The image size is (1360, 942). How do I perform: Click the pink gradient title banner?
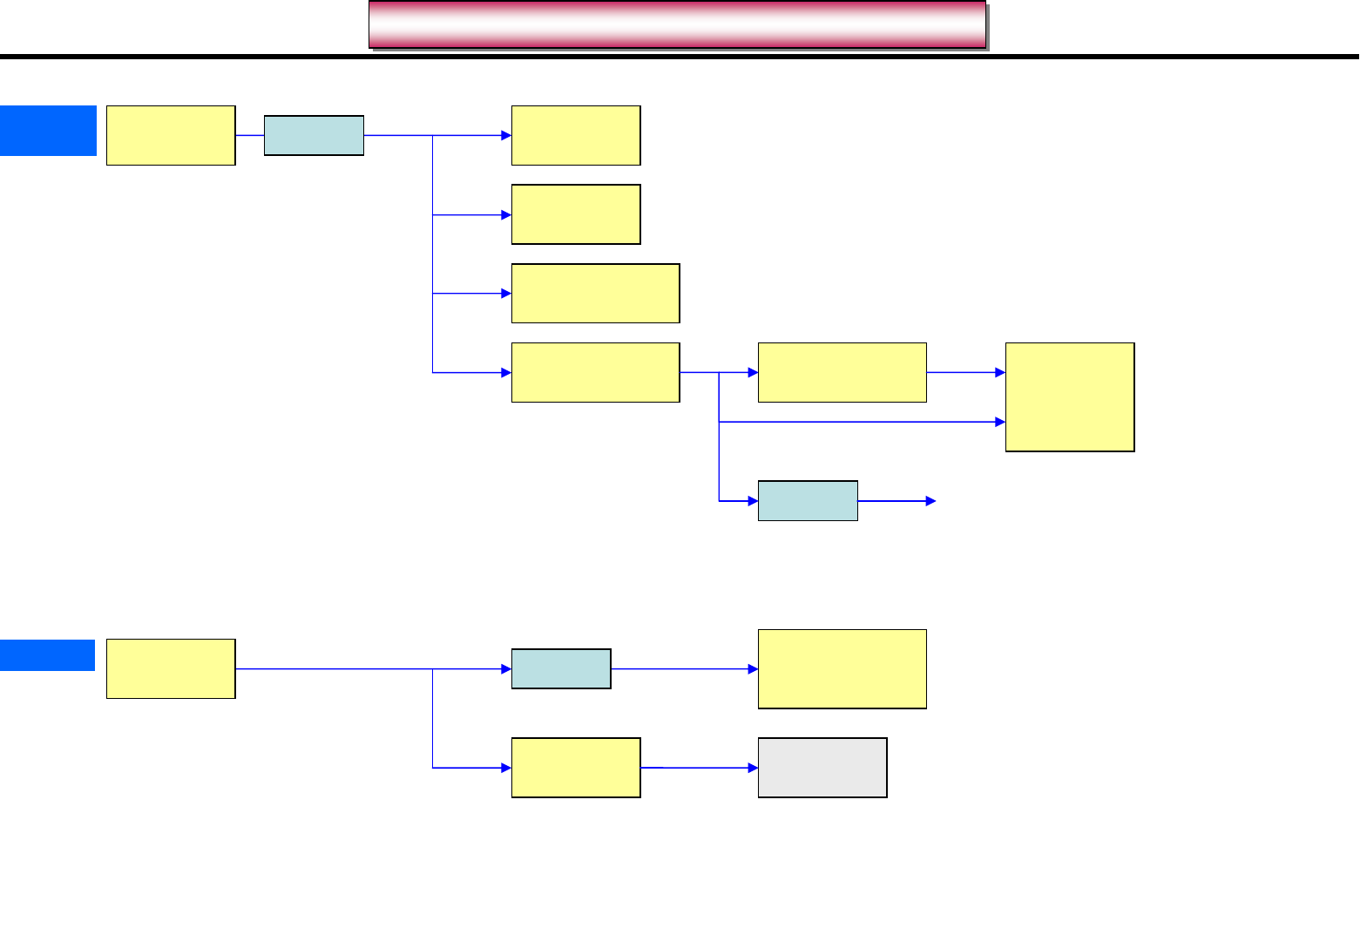point(677,24)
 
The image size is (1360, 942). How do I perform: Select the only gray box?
point(822,768)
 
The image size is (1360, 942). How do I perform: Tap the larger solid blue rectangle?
point(48,131)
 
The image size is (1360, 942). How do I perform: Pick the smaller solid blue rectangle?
point(47,655)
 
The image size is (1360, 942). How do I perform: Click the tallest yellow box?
point(1070,397)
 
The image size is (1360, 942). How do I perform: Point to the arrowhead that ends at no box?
point(930,501)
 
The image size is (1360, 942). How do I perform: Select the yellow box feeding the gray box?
point(576,768)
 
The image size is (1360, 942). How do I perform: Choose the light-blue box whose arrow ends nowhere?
point(808,501)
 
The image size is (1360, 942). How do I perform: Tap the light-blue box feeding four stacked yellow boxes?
point(314,136)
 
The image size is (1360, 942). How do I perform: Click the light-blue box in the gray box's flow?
point(561,669)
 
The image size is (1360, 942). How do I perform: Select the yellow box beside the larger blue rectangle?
point(171,136)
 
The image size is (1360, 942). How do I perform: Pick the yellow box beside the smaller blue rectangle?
point(171,669)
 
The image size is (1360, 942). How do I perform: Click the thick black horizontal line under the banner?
point(680,58)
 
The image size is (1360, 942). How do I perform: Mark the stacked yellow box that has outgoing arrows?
point(595,373)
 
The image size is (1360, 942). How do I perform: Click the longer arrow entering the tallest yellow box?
point(863,422)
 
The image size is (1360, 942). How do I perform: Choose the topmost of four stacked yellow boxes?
point(576,136)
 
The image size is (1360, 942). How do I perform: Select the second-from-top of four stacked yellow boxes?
point(576,214)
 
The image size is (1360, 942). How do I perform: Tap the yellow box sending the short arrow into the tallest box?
point(842,373)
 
